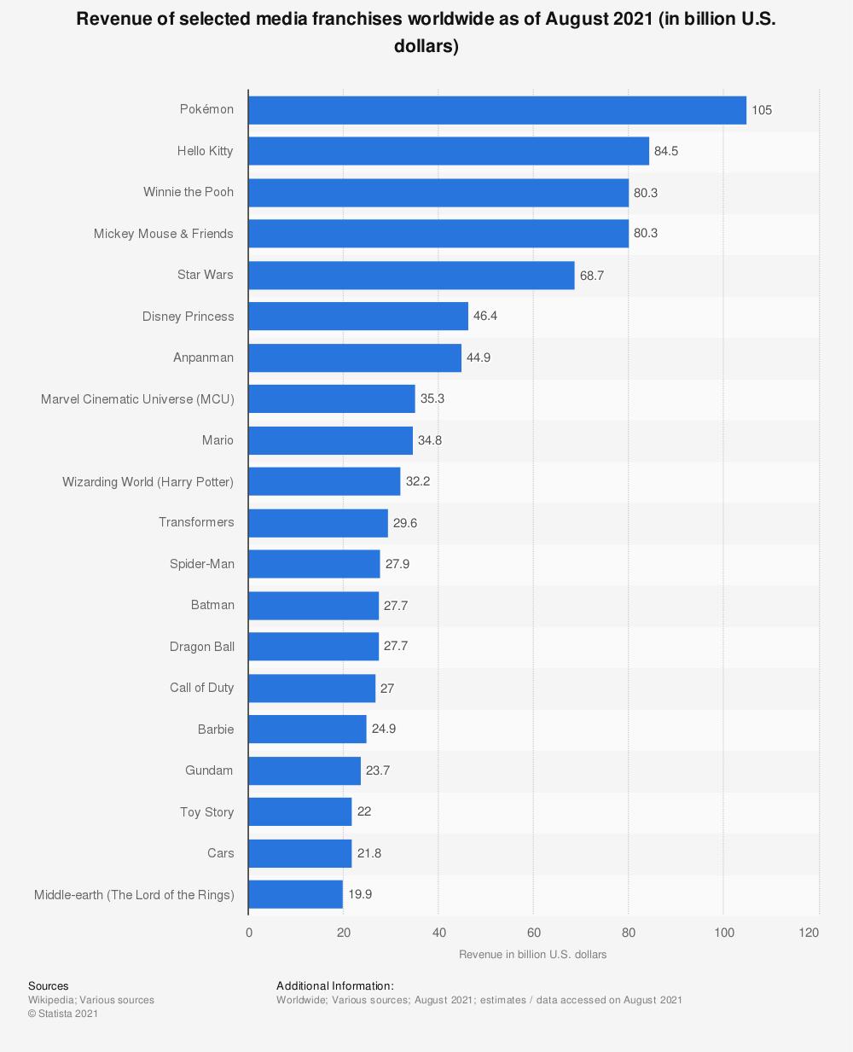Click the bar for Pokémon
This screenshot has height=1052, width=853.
coord(497,110)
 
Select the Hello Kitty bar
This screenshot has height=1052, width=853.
coord(449,151)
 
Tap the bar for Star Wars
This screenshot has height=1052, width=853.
coord(411,276)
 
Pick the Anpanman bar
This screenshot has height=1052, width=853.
coord(355,358)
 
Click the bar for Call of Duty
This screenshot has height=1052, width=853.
coord(312,689)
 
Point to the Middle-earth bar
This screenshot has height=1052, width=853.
coord(296,895)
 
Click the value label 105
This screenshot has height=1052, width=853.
coord(762,110)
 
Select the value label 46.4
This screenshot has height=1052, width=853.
coord(485,317)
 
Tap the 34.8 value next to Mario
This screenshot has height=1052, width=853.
coord(430,441)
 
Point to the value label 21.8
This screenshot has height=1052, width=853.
coord(369,854)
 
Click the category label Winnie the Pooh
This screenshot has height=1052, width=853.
coord(189,192)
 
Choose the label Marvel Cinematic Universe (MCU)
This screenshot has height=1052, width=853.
coord(137,399)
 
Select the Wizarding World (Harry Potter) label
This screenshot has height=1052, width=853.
coord(148,482)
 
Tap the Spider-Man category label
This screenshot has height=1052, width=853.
coord(202,564)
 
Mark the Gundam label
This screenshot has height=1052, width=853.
coord(209,770)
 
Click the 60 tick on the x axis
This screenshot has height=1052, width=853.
coord(533,933)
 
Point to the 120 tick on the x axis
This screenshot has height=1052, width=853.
coord(809,933)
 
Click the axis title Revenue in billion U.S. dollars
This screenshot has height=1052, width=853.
coord(533,955)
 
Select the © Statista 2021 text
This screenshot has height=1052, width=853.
coord(63,1014)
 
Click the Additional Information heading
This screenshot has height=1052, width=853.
coord(335,986)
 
